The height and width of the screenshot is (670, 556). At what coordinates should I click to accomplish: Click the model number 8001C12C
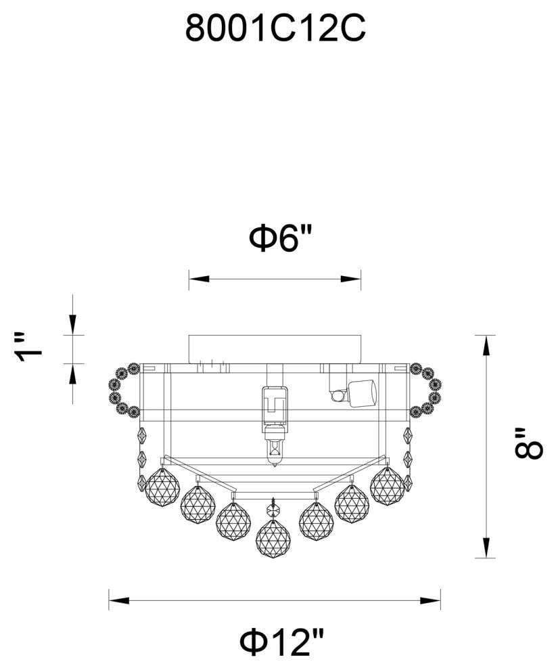point(275,28)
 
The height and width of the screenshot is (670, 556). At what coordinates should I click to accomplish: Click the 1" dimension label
point(30,347)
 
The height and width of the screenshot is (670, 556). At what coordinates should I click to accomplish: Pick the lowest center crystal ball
point(273,539)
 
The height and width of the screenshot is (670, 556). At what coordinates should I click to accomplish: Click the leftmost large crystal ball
point(162,487)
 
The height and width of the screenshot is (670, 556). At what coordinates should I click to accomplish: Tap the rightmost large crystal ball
point(387,486)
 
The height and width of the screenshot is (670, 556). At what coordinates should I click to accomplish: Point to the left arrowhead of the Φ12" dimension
point(119,600)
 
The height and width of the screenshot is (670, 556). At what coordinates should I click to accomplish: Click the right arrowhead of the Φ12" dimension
point(430,600)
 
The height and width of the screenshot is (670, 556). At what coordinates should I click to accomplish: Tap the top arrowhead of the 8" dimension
point(486,346)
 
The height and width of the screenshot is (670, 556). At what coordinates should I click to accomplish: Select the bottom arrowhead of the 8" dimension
point(486,548)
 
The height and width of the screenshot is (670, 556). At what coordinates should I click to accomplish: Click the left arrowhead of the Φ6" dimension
point(200,279)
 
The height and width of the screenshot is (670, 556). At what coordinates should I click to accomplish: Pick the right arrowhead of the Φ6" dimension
point(350,279)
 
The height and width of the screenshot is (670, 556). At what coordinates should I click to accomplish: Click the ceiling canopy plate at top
point(275,349)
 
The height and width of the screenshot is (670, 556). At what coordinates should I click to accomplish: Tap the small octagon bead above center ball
point(273,510)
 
